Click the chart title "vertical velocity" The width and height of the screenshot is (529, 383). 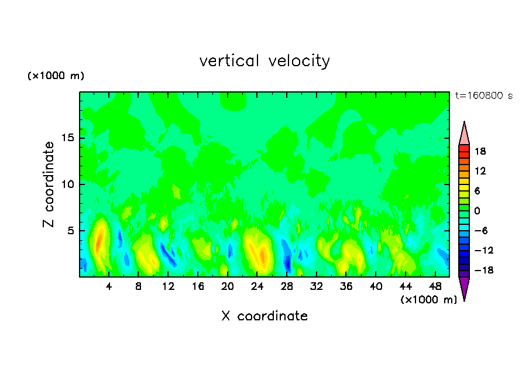click(264, 61)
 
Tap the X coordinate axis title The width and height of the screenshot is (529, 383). click(264, 316)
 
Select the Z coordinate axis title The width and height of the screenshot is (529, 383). click(49, 184)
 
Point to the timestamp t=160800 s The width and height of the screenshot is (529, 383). click(483, 95)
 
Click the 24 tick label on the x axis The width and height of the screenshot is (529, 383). click(257, 287)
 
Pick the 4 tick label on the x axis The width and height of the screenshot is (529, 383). click(109, 287)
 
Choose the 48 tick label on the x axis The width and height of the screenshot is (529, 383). click(435, 287)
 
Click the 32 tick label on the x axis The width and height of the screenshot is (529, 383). click(317, 287)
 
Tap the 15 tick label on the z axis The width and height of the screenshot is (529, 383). click(68, 138)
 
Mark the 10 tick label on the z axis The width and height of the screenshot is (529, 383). click(68, 184)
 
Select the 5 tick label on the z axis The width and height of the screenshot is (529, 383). click(70, 231)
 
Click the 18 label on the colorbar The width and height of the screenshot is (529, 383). click(480, 151)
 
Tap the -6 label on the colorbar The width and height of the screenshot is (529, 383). click(480, 231)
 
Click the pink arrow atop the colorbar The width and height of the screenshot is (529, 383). click(464, 134)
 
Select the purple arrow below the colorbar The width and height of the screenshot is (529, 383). click(464, 288)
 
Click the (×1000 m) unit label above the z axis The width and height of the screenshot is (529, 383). click(56, 76)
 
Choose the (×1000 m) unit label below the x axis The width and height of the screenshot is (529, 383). click(428, 300)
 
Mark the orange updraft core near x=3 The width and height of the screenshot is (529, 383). click(99, 240)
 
